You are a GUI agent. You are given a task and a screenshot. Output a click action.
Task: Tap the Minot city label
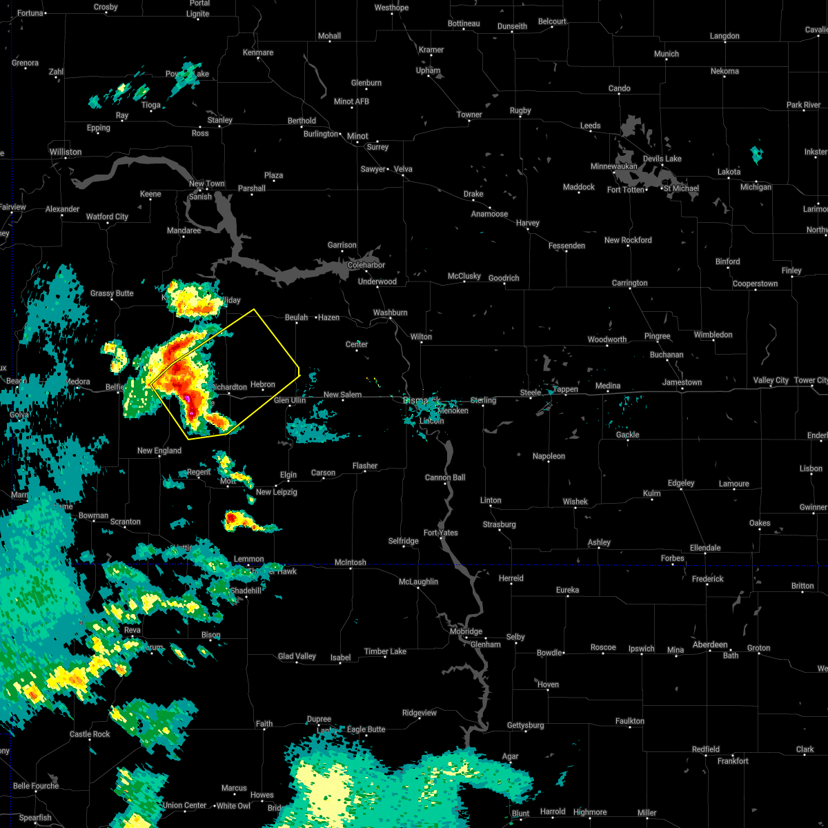pyautogui.click(x=357, y=136)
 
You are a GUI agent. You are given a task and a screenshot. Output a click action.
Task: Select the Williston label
pyautogui.click(x=66, y=152)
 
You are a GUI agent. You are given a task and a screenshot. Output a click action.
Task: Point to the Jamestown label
pyautogui.click(x=682, y=382)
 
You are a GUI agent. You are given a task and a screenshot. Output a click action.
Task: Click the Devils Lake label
pyautogui.click(x=662, y=159)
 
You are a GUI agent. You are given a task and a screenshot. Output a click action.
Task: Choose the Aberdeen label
pyautogui.click(x=710, y=644)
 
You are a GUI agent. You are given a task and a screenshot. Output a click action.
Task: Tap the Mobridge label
pyautogui.click(x=466, y=631)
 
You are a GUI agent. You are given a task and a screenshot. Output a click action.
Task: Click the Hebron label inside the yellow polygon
pyautogui.click(x=263, y=384)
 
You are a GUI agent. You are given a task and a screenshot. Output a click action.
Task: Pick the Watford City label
pyautogui.click(x=107, y=217)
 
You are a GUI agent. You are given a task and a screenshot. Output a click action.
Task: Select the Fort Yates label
pyautogui.click(x=441, y=533)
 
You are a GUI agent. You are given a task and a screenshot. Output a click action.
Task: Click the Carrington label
pyautogui.click(x=629, y=283)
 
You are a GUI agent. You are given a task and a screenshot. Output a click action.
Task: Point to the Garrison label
pyautogui.click(x=342, y=245)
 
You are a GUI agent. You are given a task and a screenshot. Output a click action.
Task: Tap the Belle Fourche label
pyautogui.click(x=36, y=786)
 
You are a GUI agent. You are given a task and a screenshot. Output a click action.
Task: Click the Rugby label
pyautogui.click(x=520, y=110)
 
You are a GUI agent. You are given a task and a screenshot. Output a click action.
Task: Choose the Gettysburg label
pyautogui.click(x=526, y=725)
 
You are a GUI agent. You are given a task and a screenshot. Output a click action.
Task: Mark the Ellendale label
pyautogui.click(x=705, y=548)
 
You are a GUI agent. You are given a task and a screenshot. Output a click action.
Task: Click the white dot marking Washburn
pyautogui.click(x=391, y=319)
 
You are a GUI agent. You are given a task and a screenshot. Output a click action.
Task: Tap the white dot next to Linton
pyautogui.click(x=491, y=508)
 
